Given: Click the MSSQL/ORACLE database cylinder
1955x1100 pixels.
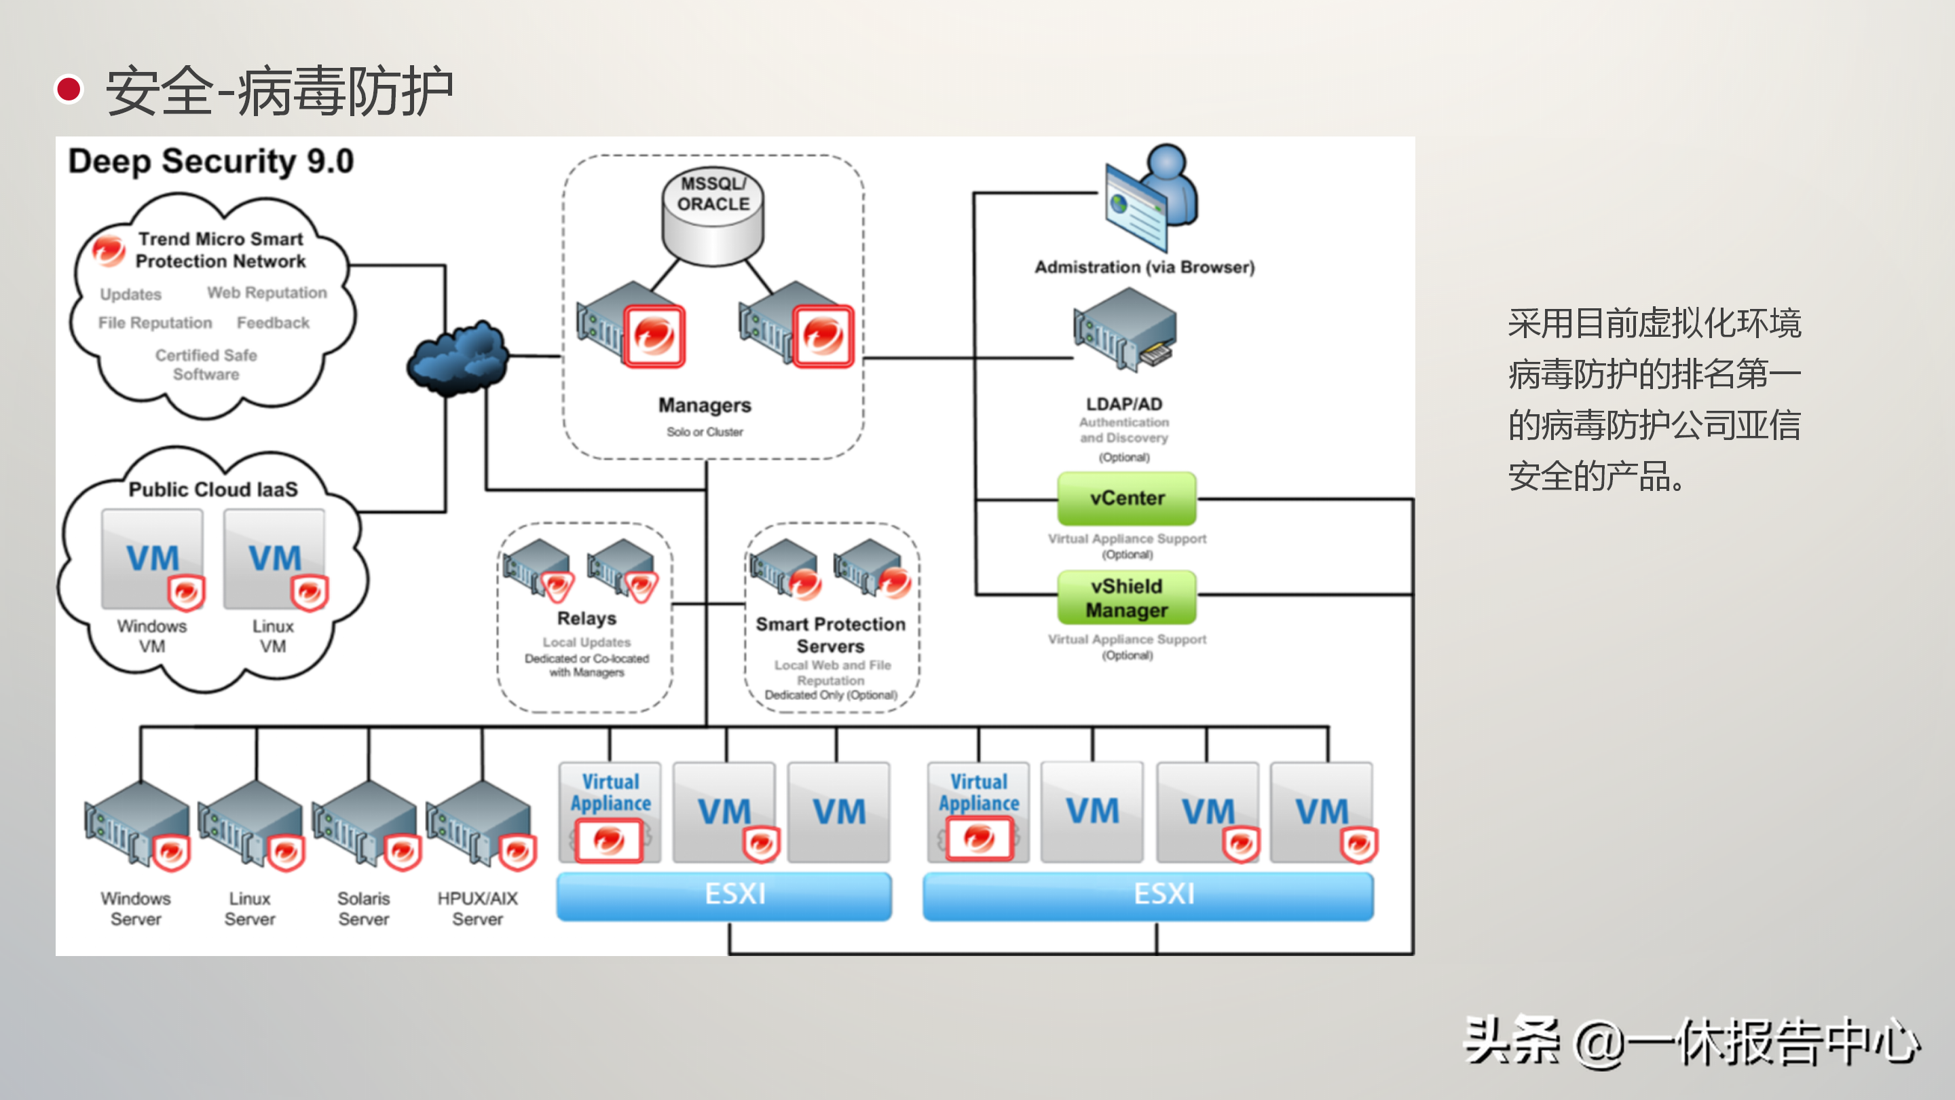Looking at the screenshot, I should click(x=713, y=217).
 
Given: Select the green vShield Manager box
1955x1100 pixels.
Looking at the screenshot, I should click(x=1126, y=598).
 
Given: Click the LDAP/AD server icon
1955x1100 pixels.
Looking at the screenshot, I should click(x=1124, y=330).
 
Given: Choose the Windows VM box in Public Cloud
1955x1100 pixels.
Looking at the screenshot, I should click(x=153, y=560).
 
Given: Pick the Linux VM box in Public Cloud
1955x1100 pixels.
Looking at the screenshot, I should click(x=275, y=560).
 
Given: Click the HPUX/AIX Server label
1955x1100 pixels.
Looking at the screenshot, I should click(x=477, y=909).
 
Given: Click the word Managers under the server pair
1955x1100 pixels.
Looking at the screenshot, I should click(x=705, y=405).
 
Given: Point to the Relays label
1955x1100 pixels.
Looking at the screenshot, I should click(x=586, y=619).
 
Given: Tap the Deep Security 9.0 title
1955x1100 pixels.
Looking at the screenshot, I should click(x=211, y=162).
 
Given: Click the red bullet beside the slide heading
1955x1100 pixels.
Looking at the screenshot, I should click(x=69, y=90).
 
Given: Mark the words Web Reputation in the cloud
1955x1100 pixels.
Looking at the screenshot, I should click(x=267, y=293).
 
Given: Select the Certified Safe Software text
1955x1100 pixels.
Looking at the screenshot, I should click(x=206, y=365).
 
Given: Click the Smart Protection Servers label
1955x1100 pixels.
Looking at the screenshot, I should click(x=830, y=635).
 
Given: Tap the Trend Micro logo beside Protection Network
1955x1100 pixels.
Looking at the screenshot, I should click(x=109, y=251).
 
